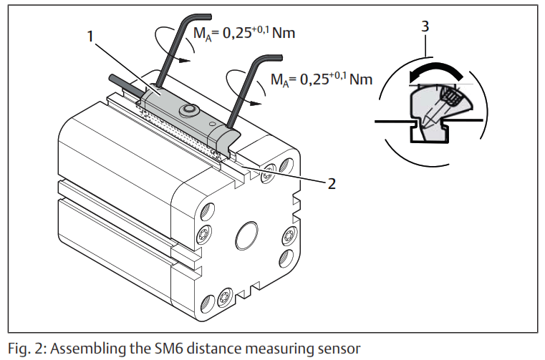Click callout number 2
[331, 183]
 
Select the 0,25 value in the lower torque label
[312, 79]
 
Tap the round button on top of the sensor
[190, 109]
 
